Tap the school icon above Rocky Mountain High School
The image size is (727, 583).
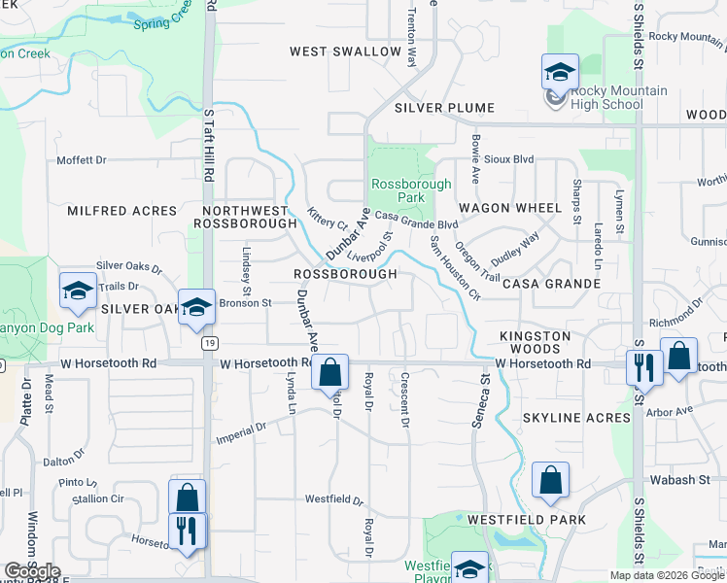click(560, 72)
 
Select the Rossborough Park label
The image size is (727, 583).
click(411, 189)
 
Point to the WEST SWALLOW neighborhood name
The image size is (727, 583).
click(345, 51)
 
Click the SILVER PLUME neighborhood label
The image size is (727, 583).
click(445, 108)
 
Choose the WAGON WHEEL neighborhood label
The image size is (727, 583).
click(510, 208)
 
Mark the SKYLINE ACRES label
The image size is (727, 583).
click(576, 418)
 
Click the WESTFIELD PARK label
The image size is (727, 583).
click(526, 520)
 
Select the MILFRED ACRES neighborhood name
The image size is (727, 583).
click(122, 211)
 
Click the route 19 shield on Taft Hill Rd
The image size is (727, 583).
click(209, 342)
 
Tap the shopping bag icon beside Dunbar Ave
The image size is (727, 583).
click(330, 372)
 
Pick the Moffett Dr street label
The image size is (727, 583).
click(81, 160)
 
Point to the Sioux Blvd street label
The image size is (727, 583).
click(511, 158)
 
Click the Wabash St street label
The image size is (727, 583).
click(681, 480)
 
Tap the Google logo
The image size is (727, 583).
click(32, 571)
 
